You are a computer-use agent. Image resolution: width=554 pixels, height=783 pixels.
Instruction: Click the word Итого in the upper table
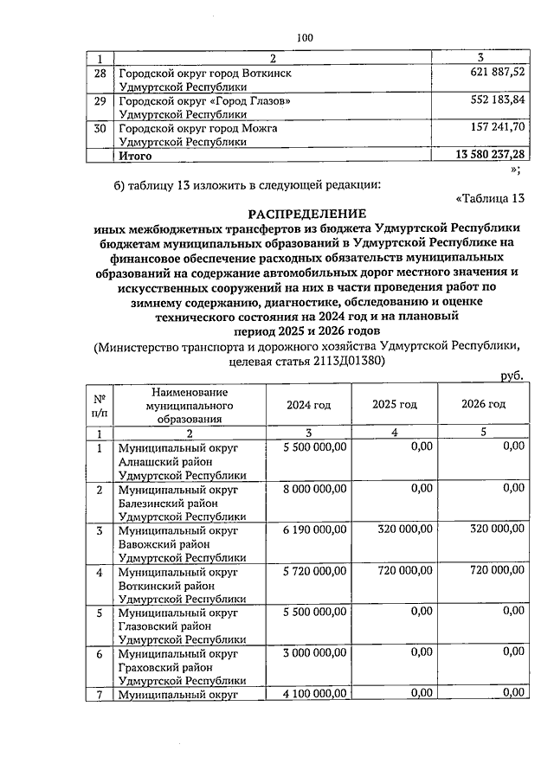(135, 156)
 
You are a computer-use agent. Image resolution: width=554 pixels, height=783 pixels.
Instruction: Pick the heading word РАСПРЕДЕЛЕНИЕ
(307, 213)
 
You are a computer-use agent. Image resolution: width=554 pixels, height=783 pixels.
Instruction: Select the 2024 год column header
(309, 404)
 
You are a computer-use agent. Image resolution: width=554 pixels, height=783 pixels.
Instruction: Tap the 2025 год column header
(395, 404)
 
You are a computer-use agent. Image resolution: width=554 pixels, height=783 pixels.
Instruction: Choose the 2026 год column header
(483, 404)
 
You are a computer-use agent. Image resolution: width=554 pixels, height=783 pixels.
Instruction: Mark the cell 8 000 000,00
(314, 487)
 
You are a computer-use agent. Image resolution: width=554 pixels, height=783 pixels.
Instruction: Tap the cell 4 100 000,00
(314, 692)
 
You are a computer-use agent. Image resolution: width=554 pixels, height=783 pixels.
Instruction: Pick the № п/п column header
(100, 404)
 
